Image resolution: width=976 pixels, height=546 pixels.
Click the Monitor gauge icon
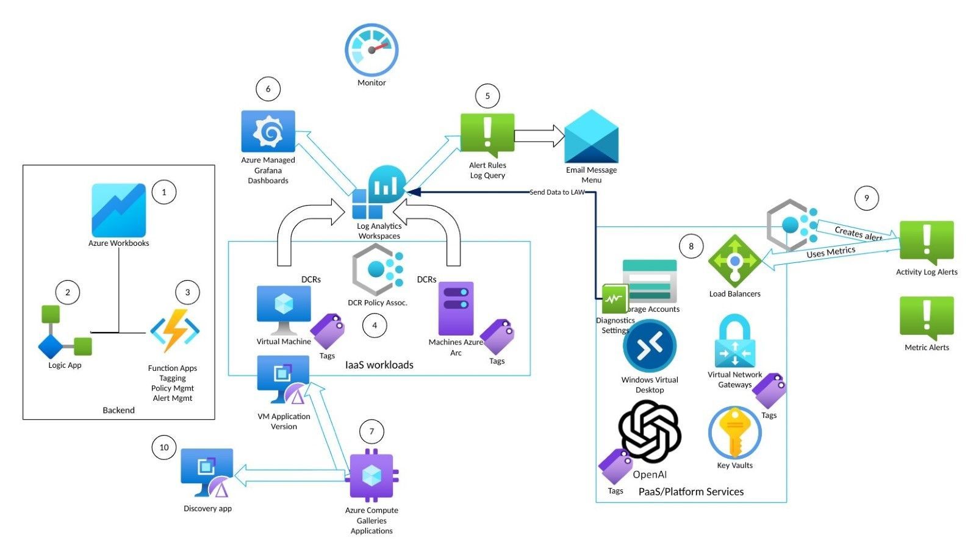click(371, 51)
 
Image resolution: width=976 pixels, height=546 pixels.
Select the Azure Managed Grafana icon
click(268, 131)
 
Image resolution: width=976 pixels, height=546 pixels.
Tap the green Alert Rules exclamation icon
click(487, 134)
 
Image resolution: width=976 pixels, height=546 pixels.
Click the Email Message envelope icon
click(591, 137)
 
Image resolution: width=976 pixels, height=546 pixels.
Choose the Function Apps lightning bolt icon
click(175, 331)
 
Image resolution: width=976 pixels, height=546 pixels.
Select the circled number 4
click(375, 326)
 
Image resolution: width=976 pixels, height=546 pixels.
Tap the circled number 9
click(866, 198)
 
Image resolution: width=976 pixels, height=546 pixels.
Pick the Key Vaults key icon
click(735, 433)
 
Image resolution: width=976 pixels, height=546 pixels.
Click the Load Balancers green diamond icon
click(734, 261)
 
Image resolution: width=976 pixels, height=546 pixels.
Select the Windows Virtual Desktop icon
click(650, 347)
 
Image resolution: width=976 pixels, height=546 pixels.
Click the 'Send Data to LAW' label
click(556, 192)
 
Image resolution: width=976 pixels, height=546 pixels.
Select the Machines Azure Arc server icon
click(456, 308)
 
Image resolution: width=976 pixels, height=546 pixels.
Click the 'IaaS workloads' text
click(379, 365)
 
